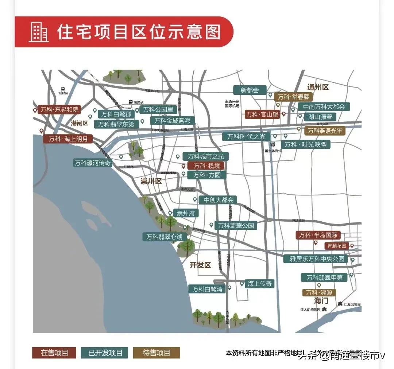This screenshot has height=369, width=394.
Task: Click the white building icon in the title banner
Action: pyautogui.click(x=38, y=32)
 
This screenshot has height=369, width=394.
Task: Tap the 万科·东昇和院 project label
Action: pyautogui.click(x=60, y=110)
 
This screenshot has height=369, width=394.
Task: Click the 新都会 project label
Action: pyautogui.click(x=250, y=90)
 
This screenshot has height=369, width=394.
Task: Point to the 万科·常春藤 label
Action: pyautogui.click(x=293, y=97)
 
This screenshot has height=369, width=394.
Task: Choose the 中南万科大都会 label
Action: pyautogui.click(x=324, y=107)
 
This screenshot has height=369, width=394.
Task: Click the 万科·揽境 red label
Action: pyautogui.click(x=206, y=166)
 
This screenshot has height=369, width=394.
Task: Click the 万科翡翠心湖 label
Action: pyautogui.click(x=164, y=237)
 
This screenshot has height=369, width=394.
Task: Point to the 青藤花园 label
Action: pyautogui.click(x=336, y=246)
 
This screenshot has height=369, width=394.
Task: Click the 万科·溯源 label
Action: pyautogui.click(x=319, y=292)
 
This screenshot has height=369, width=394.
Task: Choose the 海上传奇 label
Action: pyautogui.click(x=259, y=284)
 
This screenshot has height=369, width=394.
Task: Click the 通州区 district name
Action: pyautogui.click(x=318, y=87)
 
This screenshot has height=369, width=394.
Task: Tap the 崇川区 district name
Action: pyautogui.click(x=151, y=181)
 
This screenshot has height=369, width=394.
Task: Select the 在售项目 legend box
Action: pyautogui.click(x=54, y=353)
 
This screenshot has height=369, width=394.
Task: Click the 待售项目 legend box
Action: pyautogui.click(x=156, y=353)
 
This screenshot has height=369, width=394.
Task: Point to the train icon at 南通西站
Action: pyautogui.click(x=63, y=89)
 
